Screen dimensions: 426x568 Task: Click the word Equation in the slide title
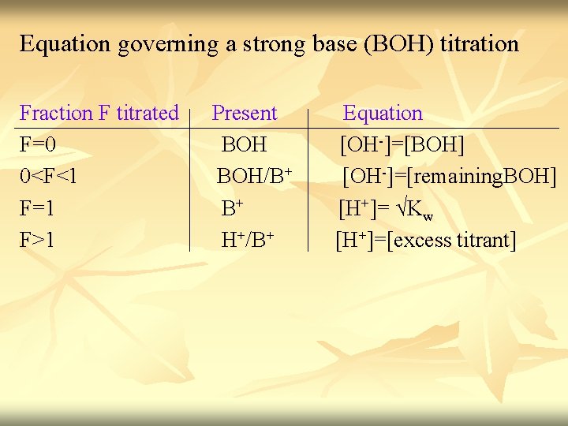[x=65, y=43]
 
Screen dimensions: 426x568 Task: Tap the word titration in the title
[x=479, y=43]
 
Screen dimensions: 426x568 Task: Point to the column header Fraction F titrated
[x=99, y=113]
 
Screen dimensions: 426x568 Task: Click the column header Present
[x=245, y=113]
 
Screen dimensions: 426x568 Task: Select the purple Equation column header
[x=383, y=113]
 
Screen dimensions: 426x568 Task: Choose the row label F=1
[x=37, y=209]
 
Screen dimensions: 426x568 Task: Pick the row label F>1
[x=37, y=240]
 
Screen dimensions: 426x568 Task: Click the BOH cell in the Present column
[x=244, y=145]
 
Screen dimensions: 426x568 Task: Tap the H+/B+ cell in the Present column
[x=247, y=239]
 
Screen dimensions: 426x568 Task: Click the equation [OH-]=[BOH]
[x=402, y=145]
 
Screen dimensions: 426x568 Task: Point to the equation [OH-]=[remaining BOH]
[x=448, y=177]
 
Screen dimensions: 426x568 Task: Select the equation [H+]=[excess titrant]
[x=425, y=240]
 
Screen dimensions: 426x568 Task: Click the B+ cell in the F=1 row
[x=231, y=208]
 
